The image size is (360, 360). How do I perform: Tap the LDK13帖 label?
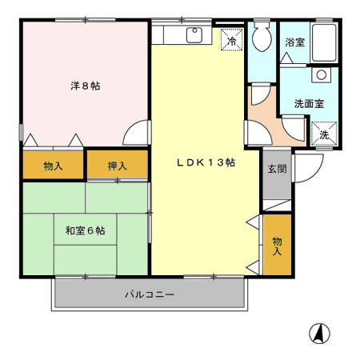pos(206,162)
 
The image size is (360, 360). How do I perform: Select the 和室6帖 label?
pos(85,230)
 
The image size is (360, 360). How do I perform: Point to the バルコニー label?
pos(149,294)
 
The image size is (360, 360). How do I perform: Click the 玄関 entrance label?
pos(277,169)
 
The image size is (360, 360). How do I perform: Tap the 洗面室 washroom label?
pos(308,103)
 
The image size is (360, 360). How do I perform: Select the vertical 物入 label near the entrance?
pos(277,246)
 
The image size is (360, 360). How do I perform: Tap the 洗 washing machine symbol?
pos(324,133)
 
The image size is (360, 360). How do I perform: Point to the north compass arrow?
pos(318,332)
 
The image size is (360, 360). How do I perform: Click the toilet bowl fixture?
pos(261,36)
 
